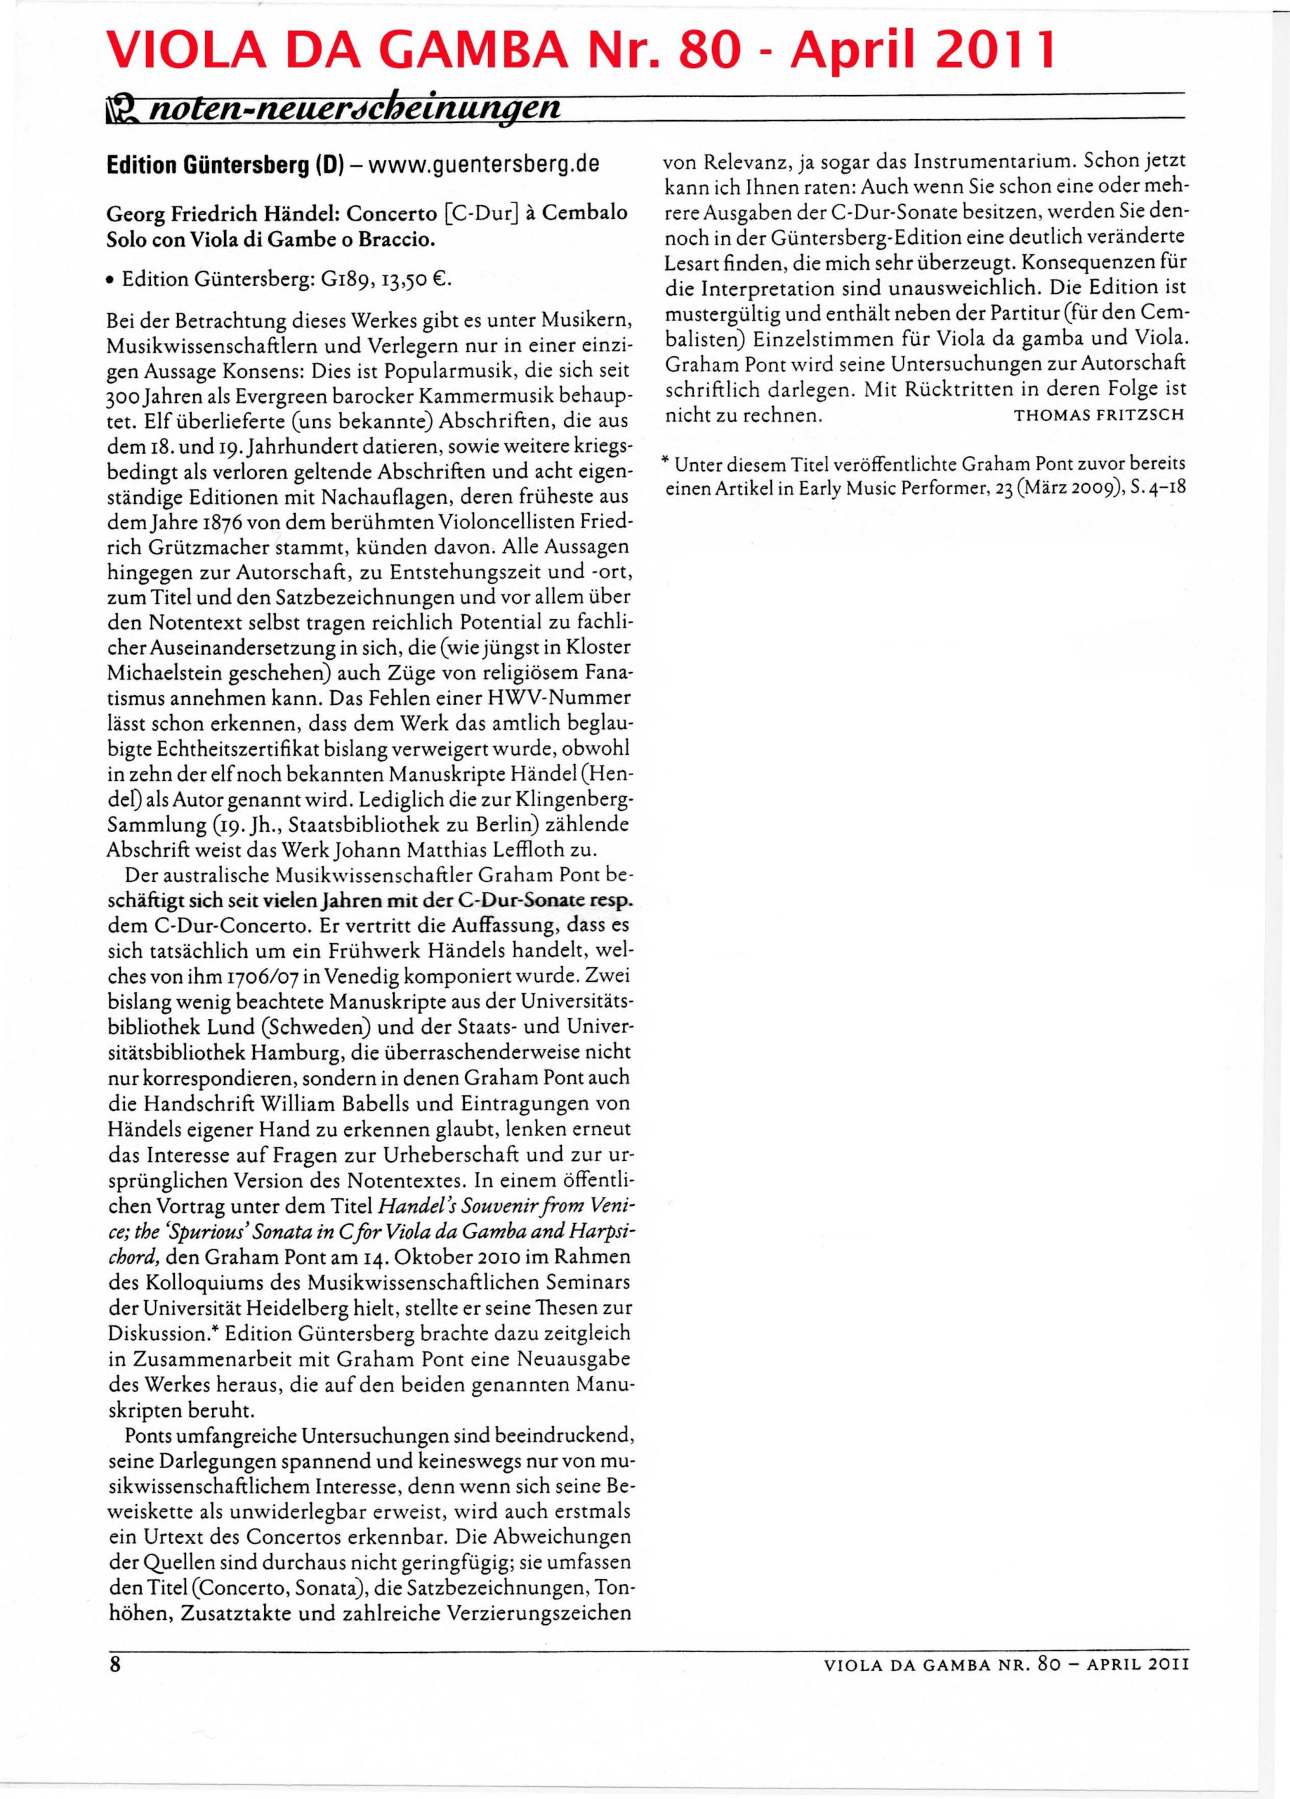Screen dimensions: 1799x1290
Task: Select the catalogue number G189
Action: (x=343, y=279)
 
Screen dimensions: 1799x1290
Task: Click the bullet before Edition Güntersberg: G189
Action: (x=111, y=280)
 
